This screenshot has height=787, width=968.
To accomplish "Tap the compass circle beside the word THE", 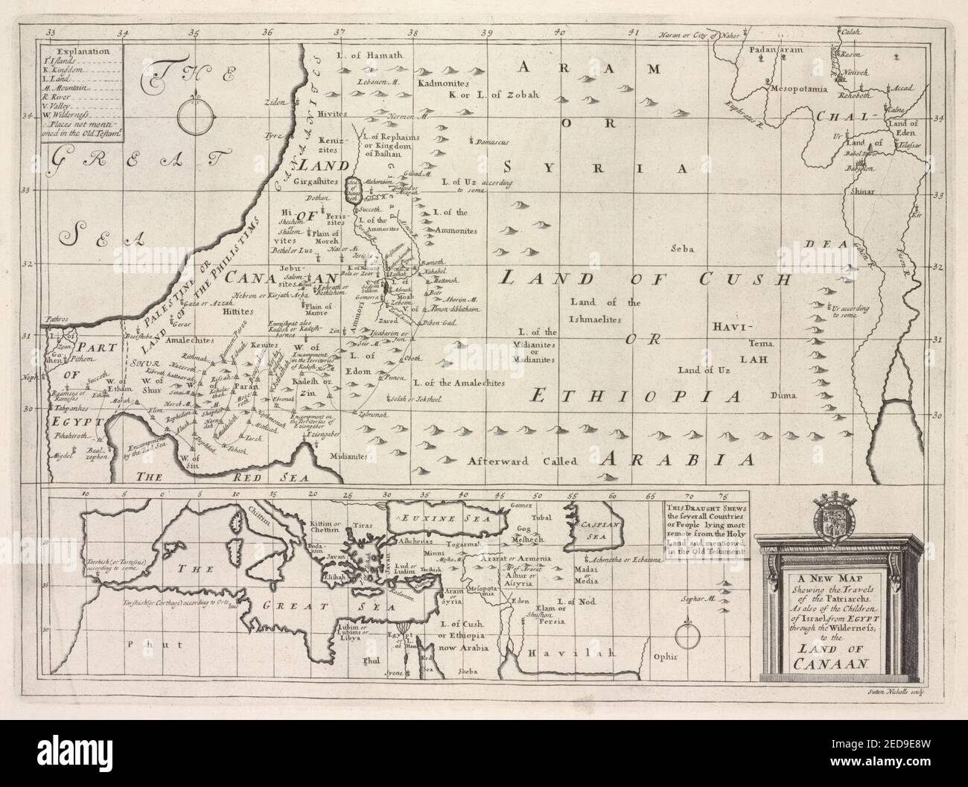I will [194, 112].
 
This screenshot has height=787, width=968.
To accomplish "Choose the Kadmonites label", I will [444, 83].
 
